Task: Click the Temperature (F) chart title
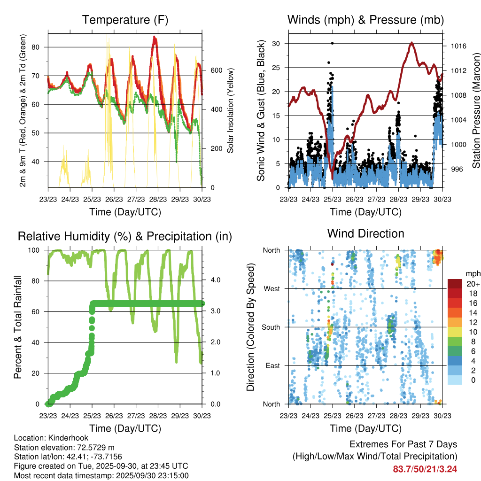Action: (x=125, y=20)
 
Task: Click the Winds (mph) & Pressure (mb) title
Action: (x=365, y=20)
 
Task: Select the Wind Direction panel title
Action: (x=365, y=233)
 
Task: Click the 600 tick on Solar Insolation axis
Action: (x=216, y=70)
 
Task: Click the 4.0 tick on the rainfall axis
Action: (x=215, y=281)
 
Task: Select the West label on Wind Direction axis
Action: (x=272, y=288)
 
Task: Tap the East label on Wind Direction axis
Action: (x=272, y=365)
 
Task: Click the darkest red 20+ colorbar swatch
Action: (x=454, y=284)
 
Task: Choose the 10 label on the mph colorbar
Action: (x=469, y=332)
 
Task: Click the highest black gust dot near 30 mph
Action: (x=332, y=43)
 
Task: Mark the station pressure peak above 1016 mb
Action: (x=411, y=43)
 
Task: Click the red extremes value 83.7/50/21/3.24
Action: (x=425, y=469)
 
